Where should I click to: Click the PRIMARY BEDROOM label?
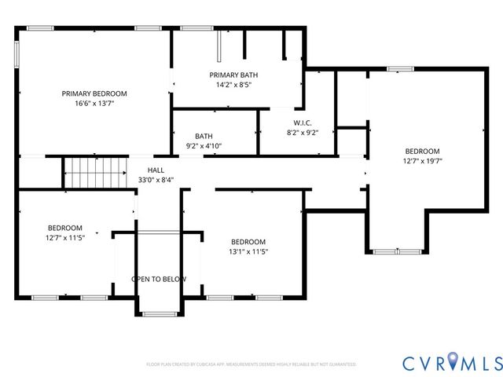coord(94,93)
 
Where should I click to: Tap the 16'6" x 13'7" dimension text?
coord(94,103)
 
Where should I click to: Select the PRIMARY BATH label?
coord(233,75)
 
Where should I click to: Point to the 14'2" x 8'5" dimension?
coord(233,85)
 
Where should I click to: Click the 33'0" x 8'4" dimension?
coord(156,180)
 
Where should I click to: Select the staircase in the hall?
coord(95,172)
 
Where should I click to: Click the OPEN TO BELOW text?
coord(159,279)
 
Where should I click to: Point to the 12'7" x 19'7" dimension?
coord(422,161)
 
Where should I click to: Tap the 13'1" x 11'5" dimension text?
coord(248,251)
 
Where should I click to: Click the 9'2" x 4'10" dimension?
coord(204,145)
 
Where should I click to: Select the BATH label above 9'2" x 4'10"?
coord(204,136)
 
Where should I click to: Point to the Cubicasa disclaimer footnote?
coord(251,364)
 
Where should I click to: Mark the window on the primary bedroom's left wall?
coord(17,54)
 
